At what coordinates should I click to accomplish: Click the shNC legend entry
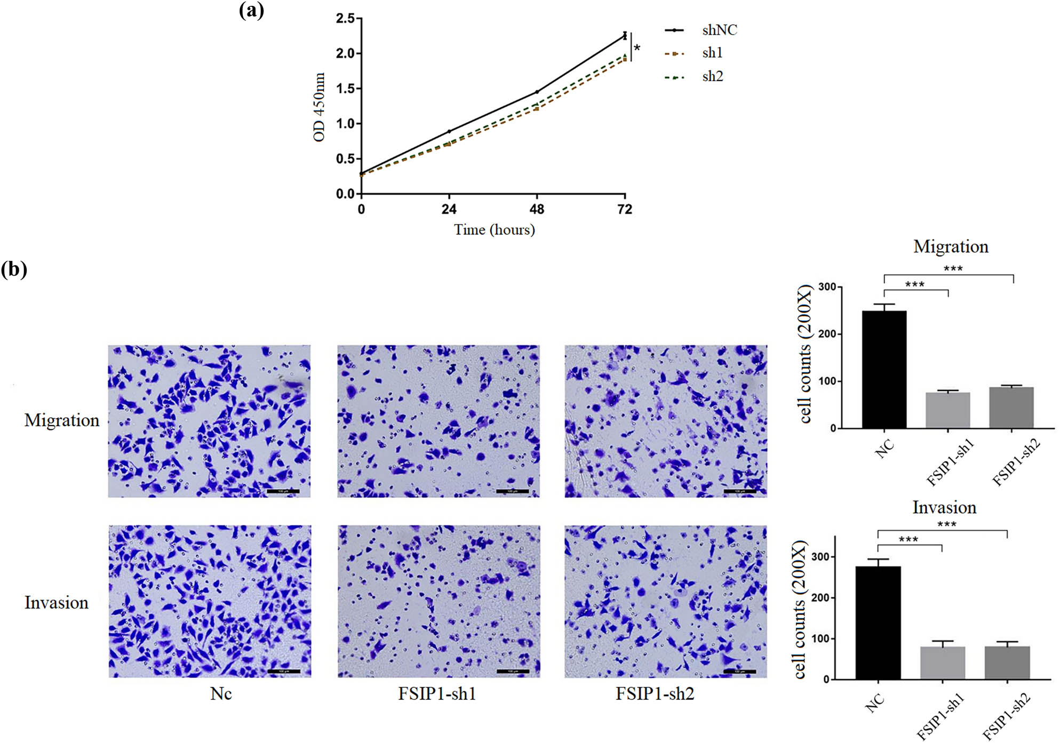click(x=719, y=30)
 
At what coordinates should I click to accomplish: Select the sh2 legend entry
click(x=712, y=76)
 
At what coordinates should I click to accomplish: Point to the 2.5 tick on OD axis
click(x=345, y=19)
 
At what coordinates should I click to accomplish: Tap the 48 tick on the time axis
click(x=537, y=209)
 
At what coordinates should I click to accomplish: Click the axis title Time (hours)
click(x=494, y=230)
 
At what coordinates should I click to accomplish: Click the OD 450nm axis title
click(x=319, y=107)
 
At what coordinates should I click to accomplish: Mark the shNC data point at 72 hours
click(x=625, y=36)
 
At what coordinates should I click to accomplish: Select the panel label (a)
click(x=251, y=10)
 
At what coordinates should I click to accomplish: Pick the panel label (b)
click(x=14, y=269)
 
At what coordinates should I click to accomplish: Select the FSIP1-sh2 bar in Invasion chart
click(x=1007, y=662)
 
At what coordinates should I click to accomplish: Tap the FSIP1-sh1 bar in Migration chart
click(x=947, y=410)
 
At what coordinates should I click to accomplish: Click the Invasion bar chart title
click(x=944, y=507)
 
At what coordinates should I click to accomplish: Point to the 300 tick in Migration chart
click(x=827, y=287)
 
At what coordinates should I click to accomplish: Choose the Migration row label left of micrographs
click(x=62, y=420)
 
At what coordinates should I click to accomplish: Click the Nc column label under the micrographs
click(x=221, y=693)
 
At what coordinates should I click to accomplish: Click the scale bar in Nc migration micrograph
click(x=282, y=491)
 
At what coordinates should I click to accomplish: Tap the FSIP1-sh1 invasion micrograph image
click(x=439, y=601)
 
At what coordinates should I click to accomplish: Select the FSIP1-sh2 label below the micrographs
click(x=655, y=693)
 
